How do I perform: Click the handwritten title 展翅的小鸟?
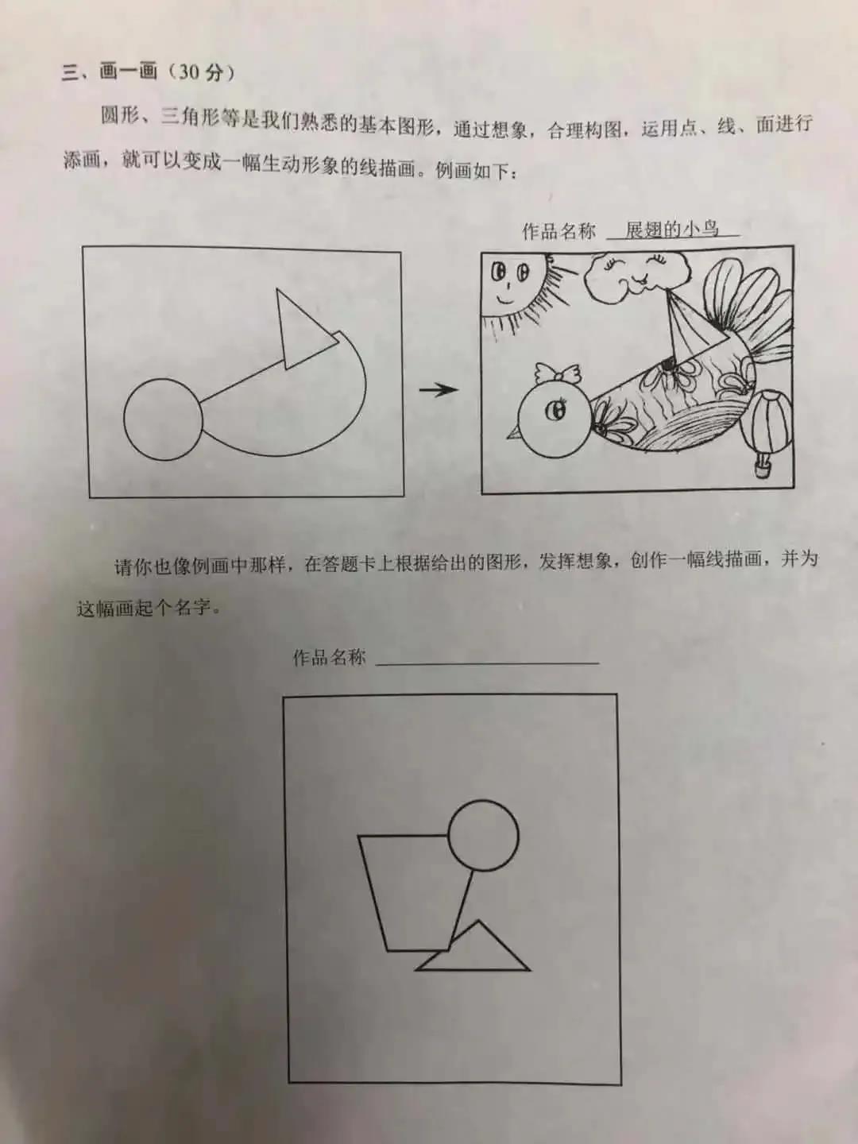click(672, 230)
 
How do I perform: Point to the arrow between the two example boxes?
click(439, 389)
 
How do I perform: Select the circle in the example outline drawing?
click(163, 419)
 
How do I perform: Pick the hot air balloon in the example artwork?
click(767, 429)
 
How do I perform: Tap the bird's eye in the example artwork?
click(557, 411)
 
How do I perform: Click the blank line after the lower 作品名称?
click(487, 660)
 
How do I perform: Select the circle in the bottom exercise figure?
click(483, 836)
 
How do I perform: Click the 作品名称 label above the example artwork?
click(558, 231)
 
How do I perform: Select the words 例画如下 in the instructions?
click(474, 171)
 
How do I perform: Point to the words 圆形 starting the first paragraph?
click(120, 118)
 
